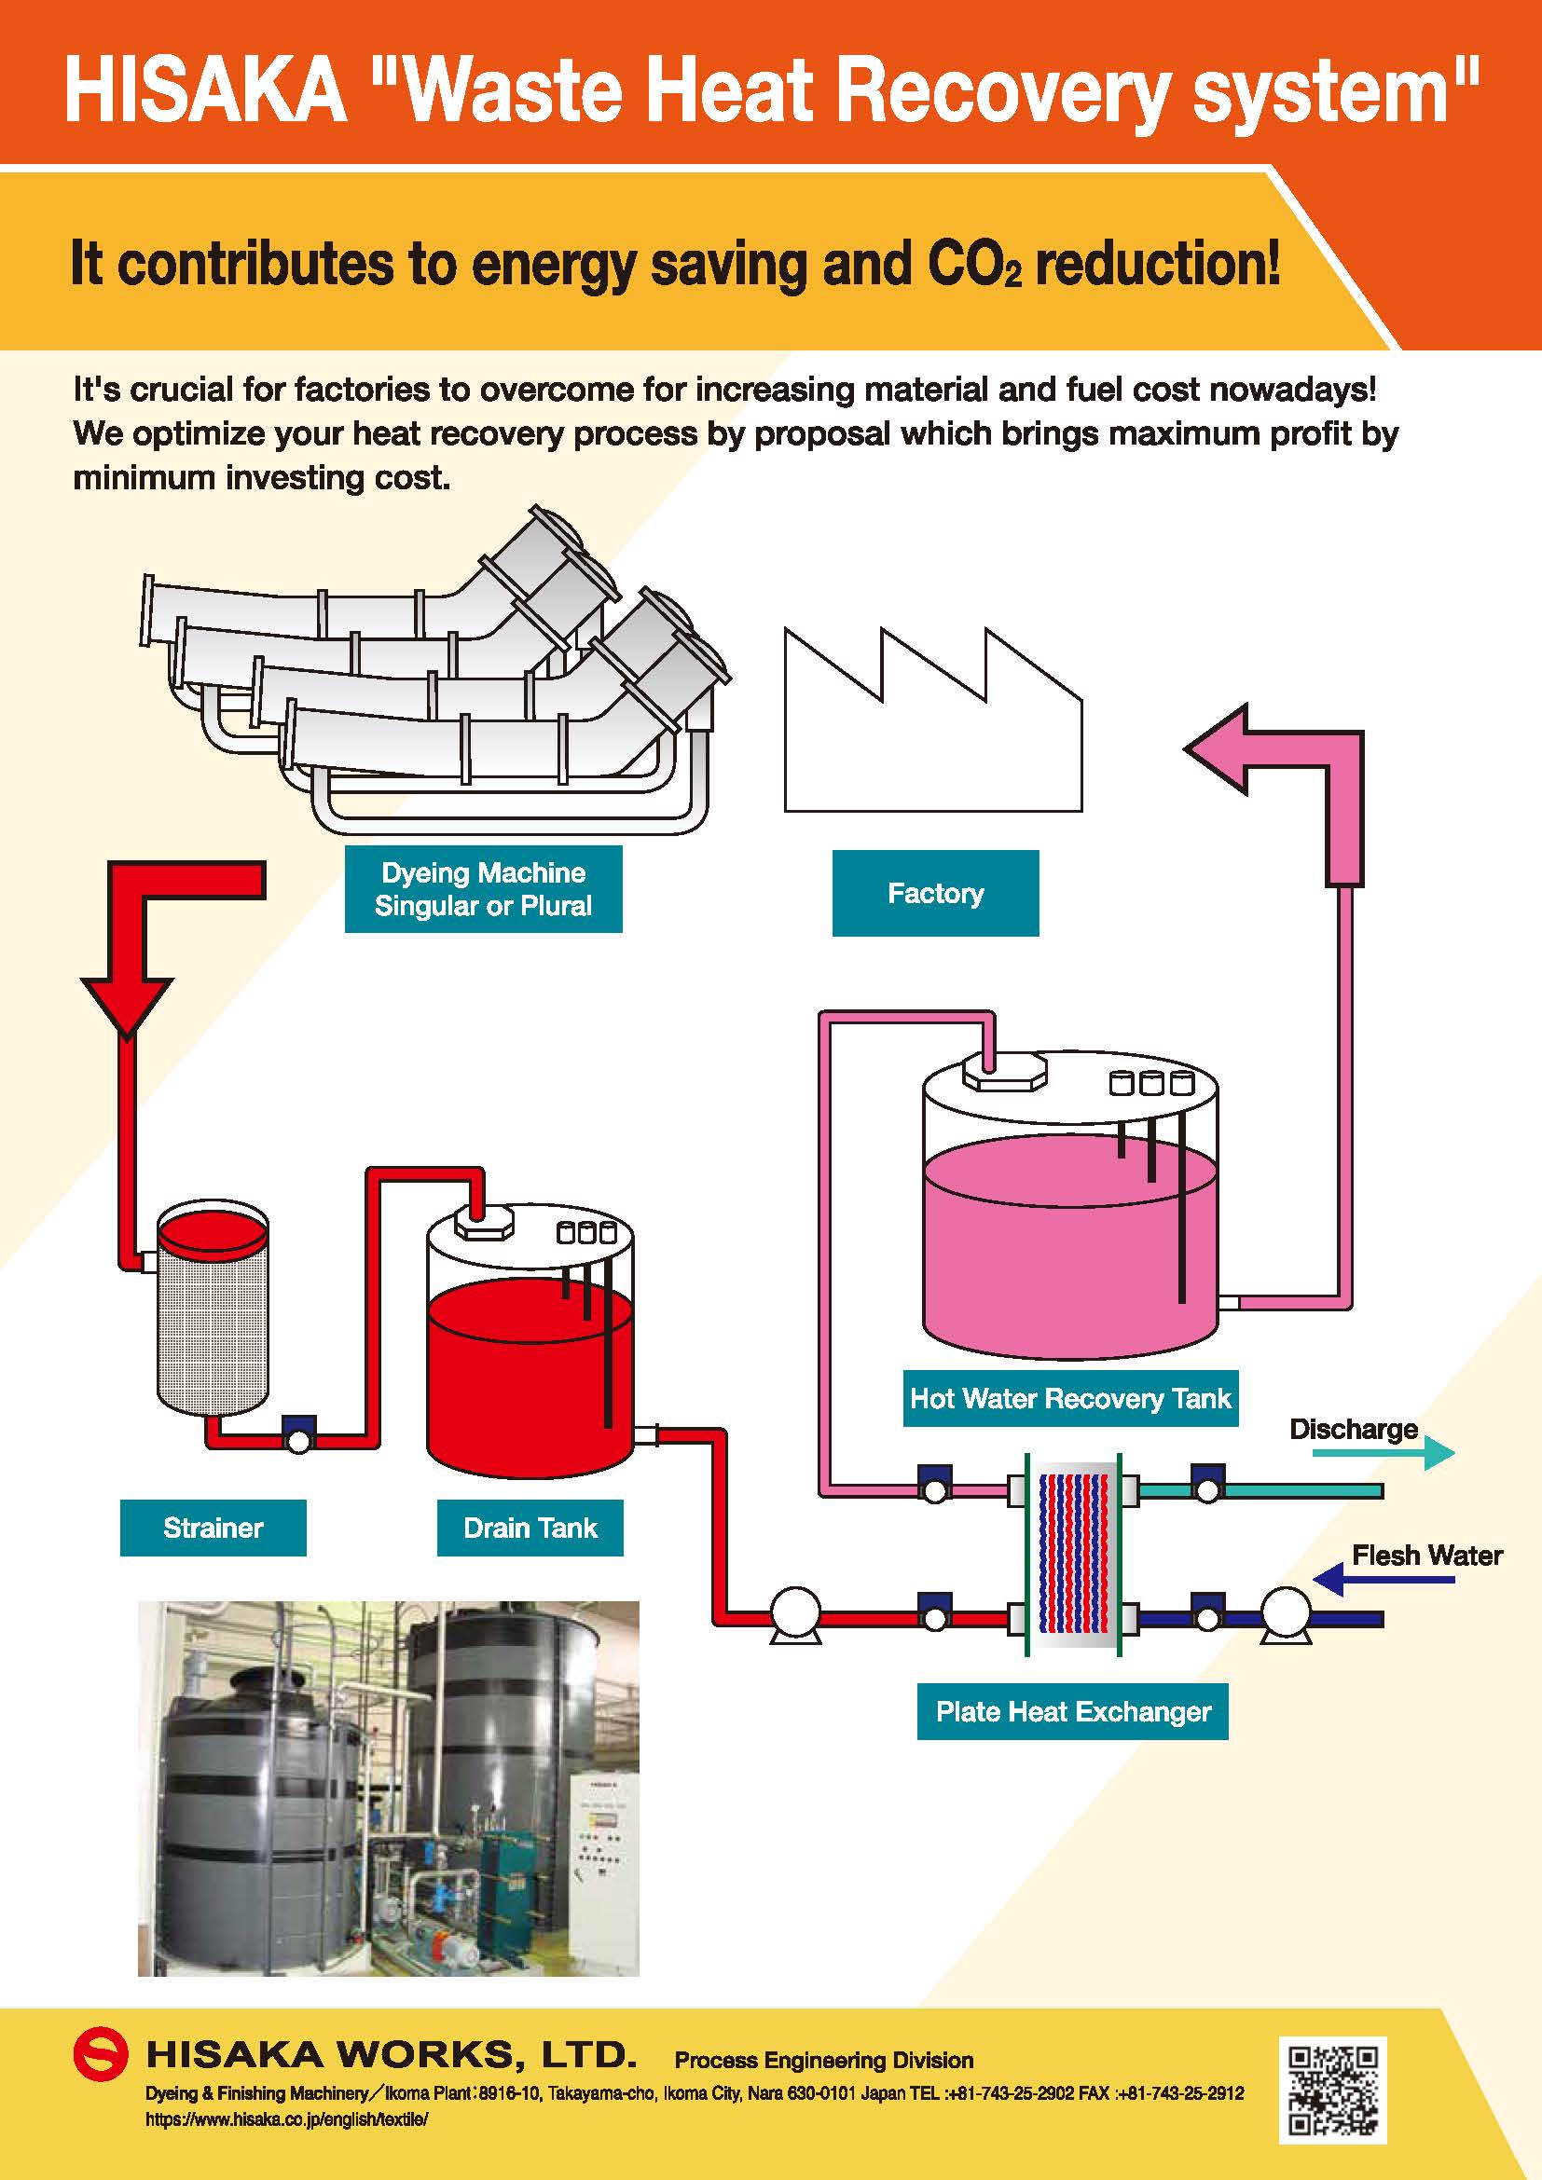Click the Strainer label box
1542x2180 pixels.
213,1528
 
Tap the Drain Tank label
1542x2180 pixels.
530,1528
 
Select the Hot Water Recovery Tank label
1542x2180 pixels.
1070,1399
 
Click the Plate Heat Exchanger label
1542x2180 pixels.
1072,1712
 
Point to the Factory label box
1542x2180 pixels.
935,894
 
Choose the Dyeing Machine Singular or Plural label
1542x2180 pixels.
483,890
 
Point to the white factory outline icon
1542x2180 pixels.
932,731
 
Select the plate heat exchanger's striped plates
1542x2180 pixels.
1073,1553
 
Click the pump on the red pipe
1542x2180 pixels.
795,1613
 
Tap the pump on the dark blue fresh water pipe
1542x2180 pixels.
1286,1613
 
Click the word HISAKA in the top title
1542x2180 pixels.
206,90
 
